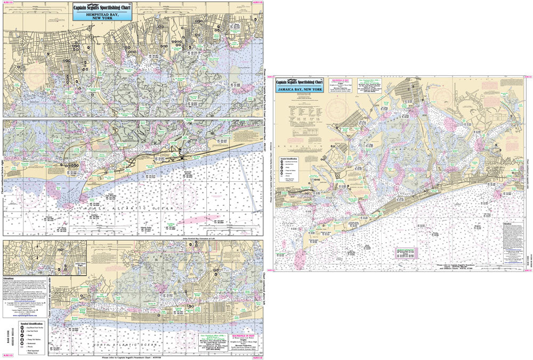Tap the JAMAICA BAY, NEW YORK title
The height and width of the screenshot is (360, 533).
(300, 89)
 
